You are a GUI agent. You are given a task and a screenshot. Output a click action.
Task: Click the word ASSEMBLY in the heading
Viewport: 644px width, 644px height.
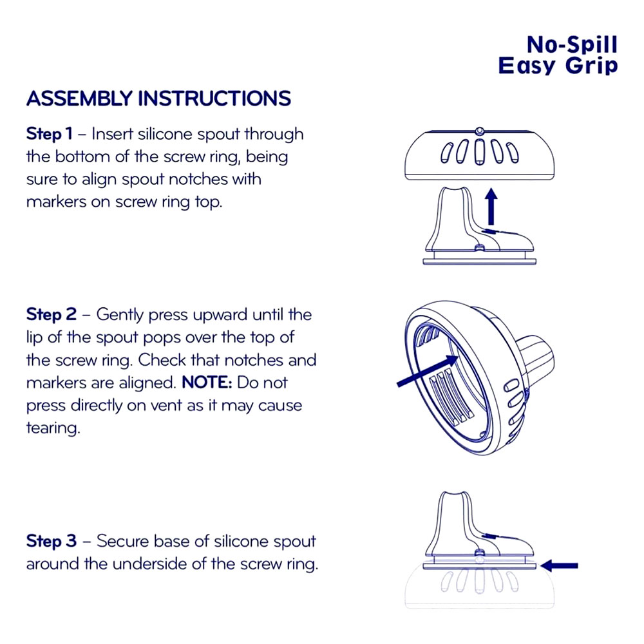[79, 99]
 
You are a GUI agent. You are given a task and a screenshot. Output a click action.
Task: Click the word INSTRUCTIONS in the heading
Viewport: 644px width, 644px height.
[214, 99]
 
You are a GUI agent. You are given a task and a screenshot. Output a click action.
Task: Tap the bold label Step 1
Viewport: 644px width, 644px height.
[50, 134]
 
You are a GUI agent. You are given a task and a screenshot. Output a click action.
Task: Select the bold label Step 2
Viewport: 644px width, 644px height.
[52, 315]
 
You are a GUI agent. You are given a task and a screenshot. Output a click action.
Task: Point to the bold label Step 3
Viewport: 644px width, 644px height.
[52, 541]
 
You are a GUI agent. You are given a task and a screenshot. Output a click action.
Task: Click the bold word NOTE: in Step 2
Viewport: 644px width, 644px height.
[207, 383]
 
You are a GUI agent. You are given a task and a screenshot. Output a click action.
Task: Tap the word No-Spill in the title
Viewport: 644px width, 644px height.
[572, 45]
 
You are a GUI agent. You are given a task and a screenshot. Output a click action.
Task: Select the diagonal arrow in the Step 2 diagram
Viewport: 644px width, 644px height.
[428, 371]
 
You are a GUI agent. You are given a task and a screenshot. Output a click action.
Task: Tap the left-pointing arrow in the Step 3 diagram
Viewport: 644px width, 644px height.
[560, 565]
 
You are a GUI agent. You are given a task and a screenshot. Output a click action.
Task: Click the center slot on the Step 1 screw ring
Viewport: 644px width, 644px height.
[479, 152]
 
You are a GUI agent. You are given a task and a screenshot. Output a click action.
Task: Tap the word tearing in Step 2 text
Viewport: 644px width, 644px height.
[53, 428]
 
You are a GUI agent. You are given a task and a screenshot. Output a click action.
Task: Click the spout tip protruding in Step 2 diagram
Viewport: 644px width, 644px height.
[536, 357]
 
